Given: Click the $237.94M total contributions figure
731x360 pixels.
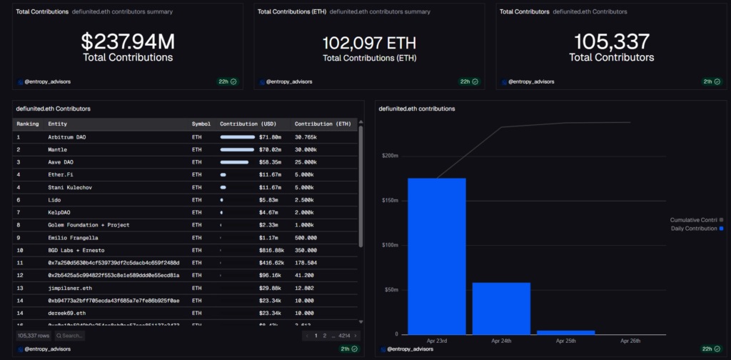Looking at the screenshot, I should point(128,40).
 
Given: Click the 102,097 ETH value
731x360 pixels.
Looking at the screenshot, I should point(370,42).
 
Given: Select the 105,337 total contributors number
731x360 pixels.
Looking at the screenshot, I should point(612,40).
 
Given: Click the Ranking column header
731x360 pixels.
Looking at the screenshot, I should point(28,124).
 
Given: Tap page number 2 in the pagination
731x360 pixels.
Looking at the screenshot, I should point(325,336).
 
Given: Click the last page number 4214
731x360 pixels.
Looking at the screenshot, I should point(344,336).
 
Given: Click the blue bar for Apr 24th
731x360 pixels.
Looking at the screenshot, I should point(501,308).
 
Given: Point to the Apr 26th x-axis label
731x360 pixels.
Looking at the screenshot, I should point(630,341).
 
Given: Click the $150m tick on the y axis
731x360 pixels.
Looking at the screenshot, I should point(390,200).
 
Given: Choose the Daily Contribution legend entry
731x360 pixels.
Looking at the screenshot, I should point(696,229).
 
